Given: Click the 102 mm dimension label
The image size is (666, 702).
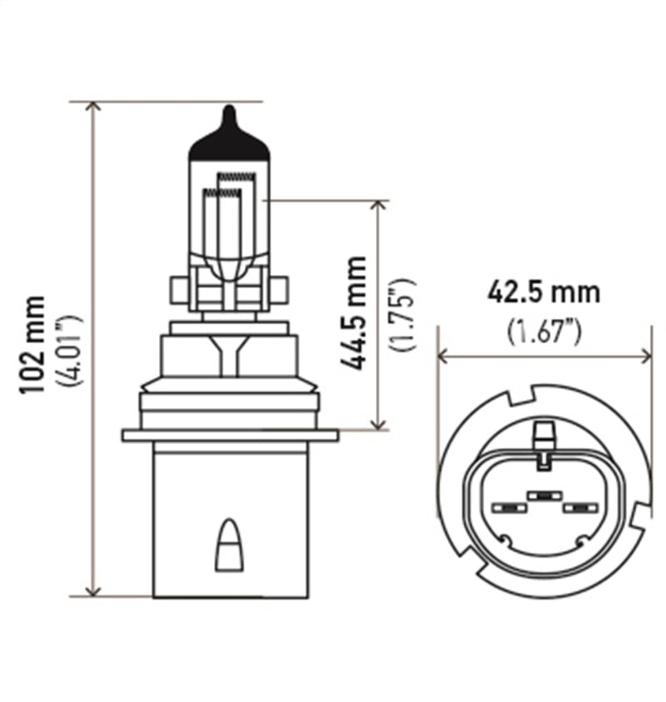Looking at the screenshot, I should (x=36, y=348).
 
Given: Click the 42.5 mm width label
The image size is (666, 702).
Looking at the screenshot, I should (x=544, y=294).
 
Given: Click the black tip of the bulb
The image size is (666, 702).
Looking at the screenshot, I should (x=229, y=137).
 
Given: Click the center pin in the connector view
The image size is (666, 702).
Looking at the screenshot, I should (x=543, y=495).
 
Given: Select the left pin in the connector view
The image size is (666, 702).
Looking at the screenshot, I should (x=506, y=507).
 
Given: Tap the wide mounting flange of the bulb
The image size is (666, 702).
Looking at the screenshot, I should (x=230, y=436).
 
